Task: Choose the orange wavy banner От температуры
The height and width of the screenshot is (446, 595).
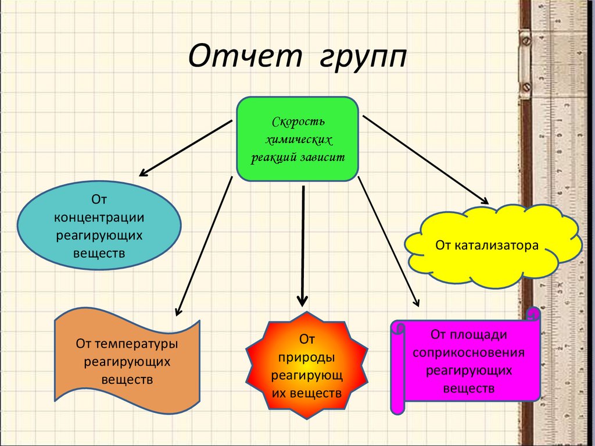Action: point(127,361)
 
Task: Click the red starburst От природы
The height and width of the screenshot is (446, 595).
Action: point(306,366)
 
